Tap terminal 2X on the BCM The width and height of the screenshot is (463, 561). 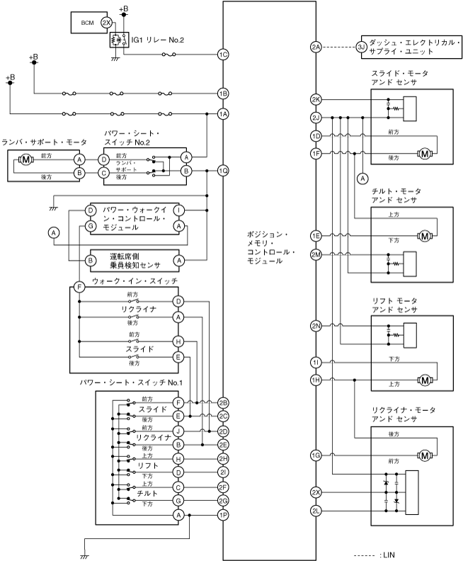[x=106, y=23]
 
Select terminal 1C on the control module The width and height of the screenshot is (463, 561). [x=224, y=54]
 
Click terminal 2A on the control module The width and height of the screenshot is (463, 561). [x=316, y=47]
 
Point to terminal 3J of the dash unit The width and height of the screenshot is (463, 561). [x=360, y=47]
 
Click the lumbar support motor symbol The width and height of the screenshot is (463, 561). [x=26, y=159]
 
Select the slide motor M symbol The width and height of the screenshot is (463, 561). [x=425, y=153]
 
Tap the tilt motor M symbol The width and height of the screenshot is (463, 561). [x=425, y=235]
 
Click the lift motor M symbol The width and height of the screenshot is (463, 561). [x=425, y=380]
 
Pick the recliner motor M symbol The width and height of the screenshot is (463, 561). [x=425, y=454]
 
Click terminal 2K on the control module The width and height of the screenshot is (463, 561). [x=316, y=100]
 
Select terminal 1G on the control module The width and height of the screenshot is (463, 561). [x=316, y=454]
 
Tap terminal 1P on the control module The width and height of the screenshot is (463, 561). [x=224, y=515]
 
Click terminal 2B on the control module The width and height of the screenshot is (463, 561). [x=224, y=402]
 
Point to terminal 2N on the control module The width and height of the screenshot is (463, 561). [x=316, y=326]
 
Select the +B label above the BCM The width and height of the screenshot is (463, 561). [x=124, y=8]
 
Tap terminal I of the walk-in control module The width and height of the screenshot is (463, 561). [x=179, y=210]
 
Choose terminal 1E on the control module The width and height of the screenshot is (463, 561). [x=316, y=235]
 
